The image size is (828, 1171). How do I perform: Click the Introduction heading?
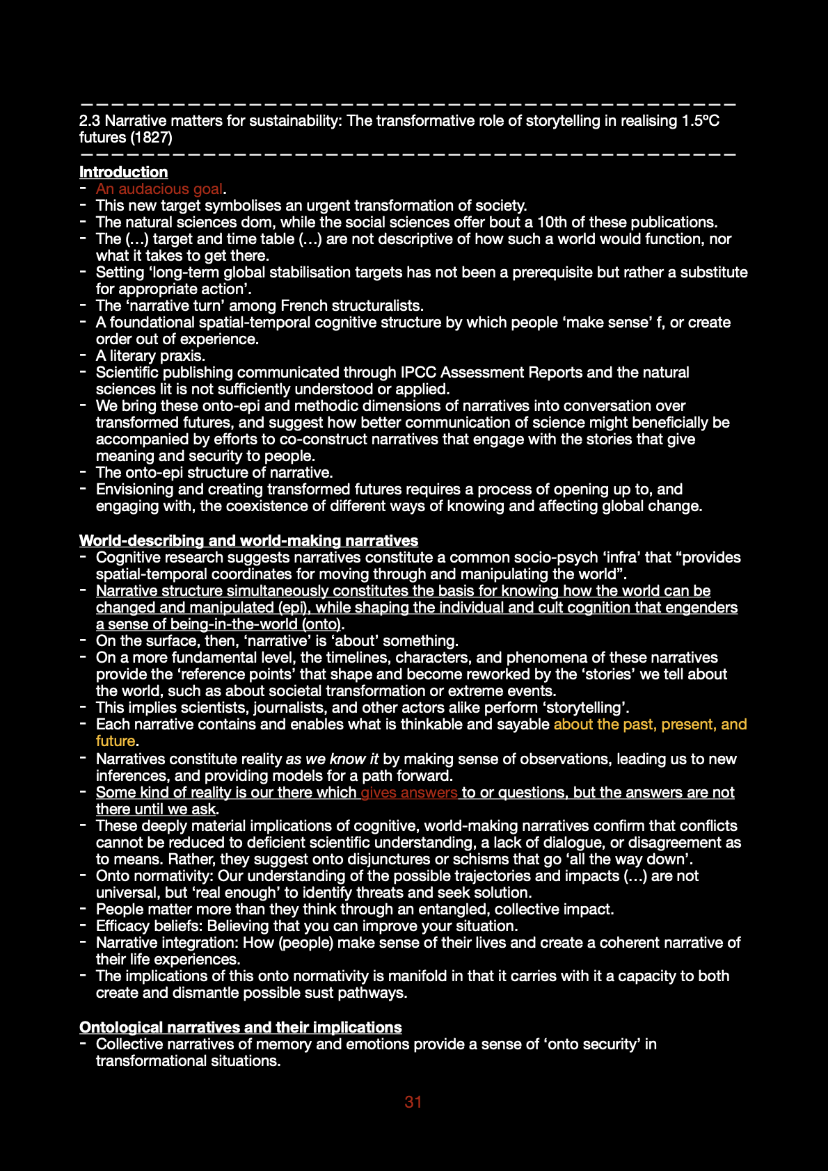123,172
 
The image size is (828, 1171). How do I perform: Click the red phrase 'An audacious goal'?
159,189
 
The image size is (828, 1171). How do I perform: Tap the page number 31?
413,1101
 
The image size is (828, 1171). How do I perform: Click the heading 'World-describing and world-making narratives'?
248,540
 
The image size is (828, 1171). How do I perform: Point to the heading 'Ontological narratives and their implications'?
240,1027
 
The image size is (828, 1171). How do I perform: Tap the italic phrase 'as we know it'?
332,759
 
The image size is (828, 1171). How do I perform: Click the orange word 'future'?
116,741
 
